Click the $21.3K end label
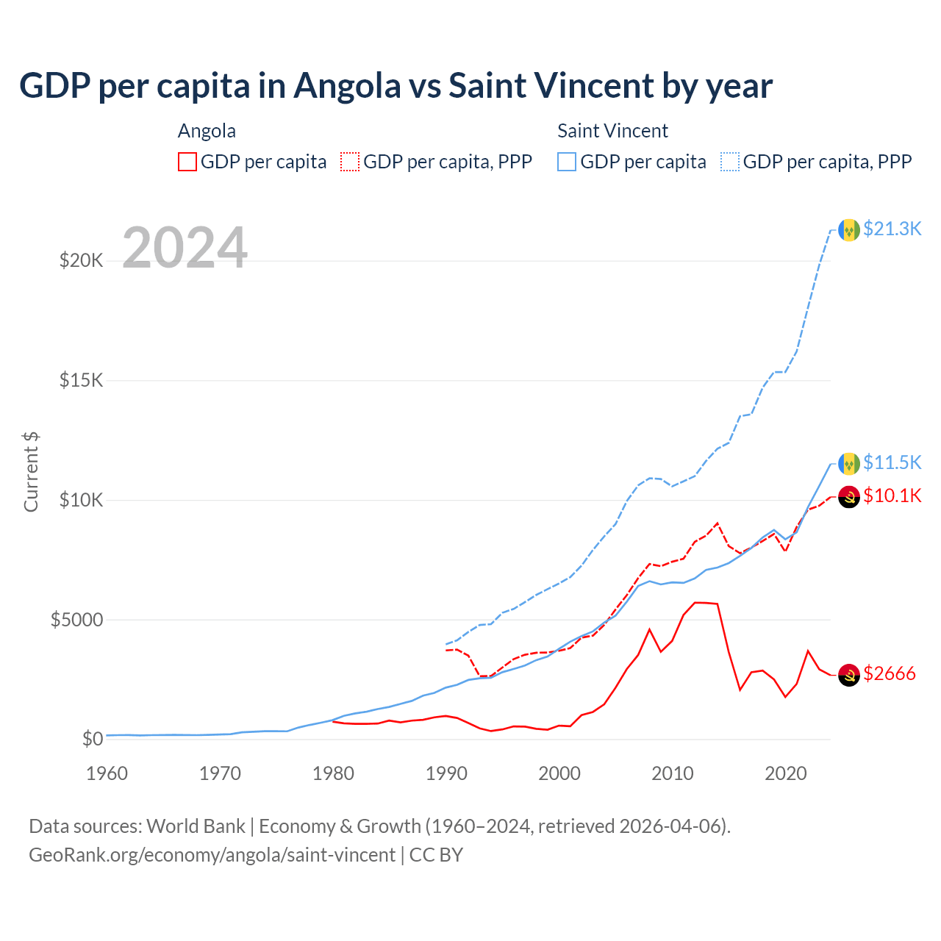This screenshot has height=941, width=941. click(x=892, y=229)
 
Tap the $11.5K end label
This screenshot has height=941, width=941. click(x=892, y=462)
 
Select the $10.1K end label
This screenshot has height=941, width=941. click(x=892, y=495)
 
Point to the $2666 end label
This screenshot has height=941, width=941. click(x=890, y=673)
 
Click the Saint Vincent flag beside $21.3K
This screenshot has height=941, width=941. click(x=849, y=230)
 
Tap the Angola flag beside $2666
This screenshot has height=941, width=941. click(x=849, y=675)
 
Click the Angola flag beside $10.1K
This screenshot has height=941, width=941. click(x=849, y=497)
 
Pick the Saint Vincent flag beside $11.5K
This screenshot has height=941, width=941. click(x=849, y=464)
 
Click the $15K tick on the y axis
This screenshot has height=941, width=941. click(x=82, y=380)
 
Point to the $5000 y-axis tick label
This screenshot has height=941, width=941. click(x=76, y=620)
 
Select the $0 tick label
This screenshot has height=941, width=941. click(x=92, y=739)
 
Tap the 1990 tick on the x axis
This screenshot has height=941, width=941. click(x=446, y=773)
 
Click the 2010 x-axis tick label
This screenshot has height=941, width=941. click(x=673, y=773)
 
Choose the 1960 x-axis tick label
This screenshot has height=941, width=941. click(x=107, y=773)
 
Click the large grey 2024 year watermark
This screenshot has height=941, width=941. click(x=185, y=248)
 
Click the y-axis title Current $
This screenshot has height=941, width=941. click(x=31, y=471)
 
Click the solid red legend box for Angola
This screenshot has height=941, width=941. click(x=187, y=162)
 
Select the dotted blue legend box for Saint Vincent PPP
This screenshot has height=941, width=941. click(x=730, y=162)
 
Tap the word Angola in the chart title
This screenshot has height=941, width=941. click(x=347, y=86)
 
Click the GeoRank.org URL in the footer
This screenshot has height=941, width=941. click(x=212, y=855)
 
